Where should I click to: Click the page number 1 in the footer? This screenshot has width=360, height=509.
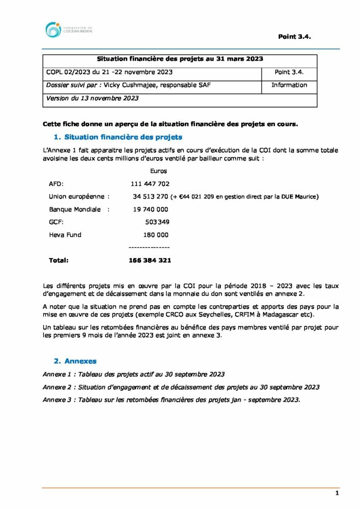coord(337,493)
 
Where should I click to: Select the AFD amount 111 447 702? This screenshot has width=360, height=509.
coord(150,184)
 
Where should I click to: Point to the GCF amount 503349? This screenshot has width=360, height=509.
coord(157,222)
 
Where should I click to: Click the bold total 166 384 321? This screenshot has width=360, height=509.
coord(150,260)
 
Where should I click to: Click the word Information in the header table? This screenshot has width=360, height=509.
coord(289,85)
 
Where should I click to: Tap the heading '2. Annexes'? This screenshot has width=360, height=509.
coord(75,361)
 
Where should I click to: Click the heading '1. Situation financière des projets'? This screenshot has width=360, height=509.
coord(118,137)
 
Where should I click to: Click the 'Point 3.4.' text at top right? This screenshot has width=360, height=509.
coord(294,37)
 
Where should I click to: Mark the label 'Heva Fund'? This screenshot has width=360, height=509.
coord(65,235)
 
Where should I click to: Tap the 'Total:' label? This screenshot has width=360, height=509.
coord(59,260)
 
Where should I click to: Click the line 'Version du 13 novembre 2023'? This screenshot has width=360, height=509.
coord(92,98)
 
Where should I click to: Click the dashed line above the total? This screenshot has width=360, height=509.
coord(149,247)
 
